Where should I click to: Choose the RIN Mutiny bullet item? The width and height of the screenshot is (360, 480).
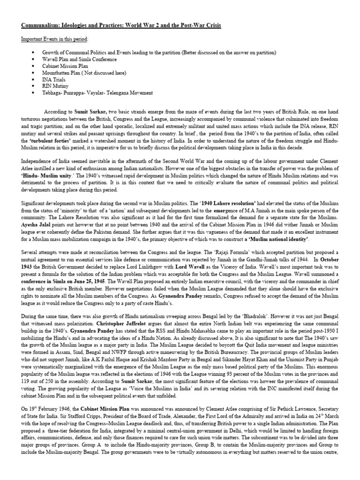(55, 86)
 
